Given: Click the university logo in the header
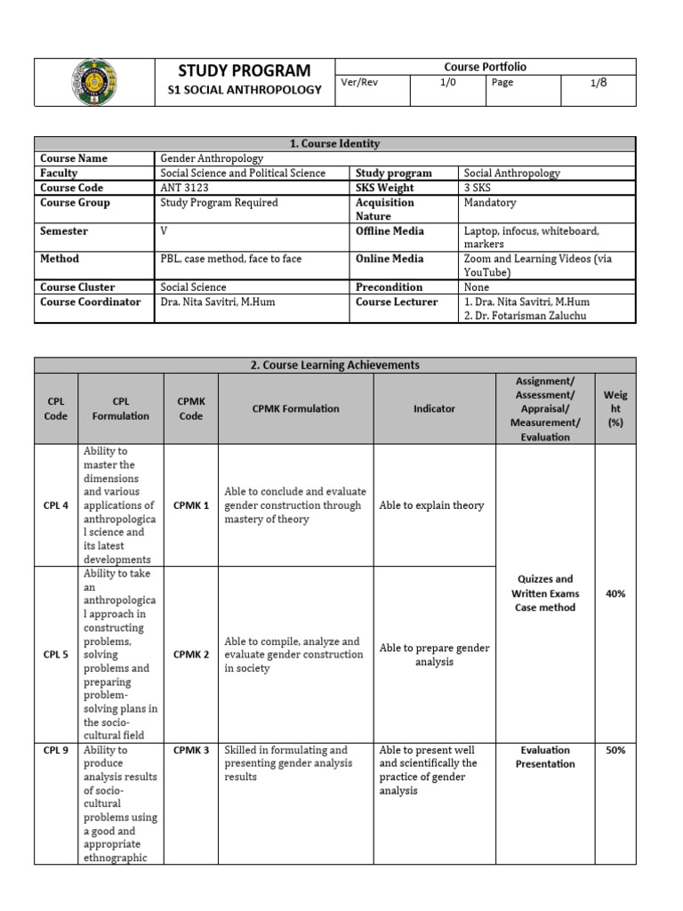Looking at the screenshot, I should coord(93,82).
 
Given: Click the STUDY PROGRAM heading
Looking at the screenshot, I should coord(245,70).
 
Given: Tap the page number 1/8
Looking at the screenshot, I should coord(599,82).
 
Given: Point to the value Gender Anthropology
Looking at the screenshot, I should coord(212,158).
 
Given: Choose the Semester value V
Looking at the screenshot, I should coord(164,231).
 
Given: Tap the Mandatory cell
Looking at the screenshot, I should coord(489,203).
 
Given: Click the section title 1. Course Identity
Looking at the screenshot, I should coord(334,143).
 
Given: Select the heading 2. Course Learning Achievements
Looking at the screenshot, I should coord(334,365).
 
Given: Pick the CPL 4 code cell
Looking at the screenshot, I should coord(55,505).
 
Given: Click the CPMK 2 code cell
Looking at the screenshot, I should coord(191,655).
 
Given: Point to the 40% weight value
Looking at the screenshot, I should coord(615,593).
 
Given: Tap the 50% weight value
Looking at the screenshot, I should coord(615,750).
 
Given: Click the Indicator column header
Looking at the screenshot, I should coord(434,408).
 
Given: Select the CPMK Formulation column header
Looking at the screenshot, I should coord(295,408).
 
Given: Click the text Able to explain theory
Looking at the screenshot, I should coord(431,505).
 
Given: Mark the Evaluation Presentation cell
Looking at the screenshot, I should coord(544,757).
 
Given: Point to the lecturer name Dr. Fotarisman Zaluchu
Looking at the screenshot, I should coord(526,316).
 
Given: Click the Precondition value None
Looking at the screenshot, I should coord(477,287).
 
